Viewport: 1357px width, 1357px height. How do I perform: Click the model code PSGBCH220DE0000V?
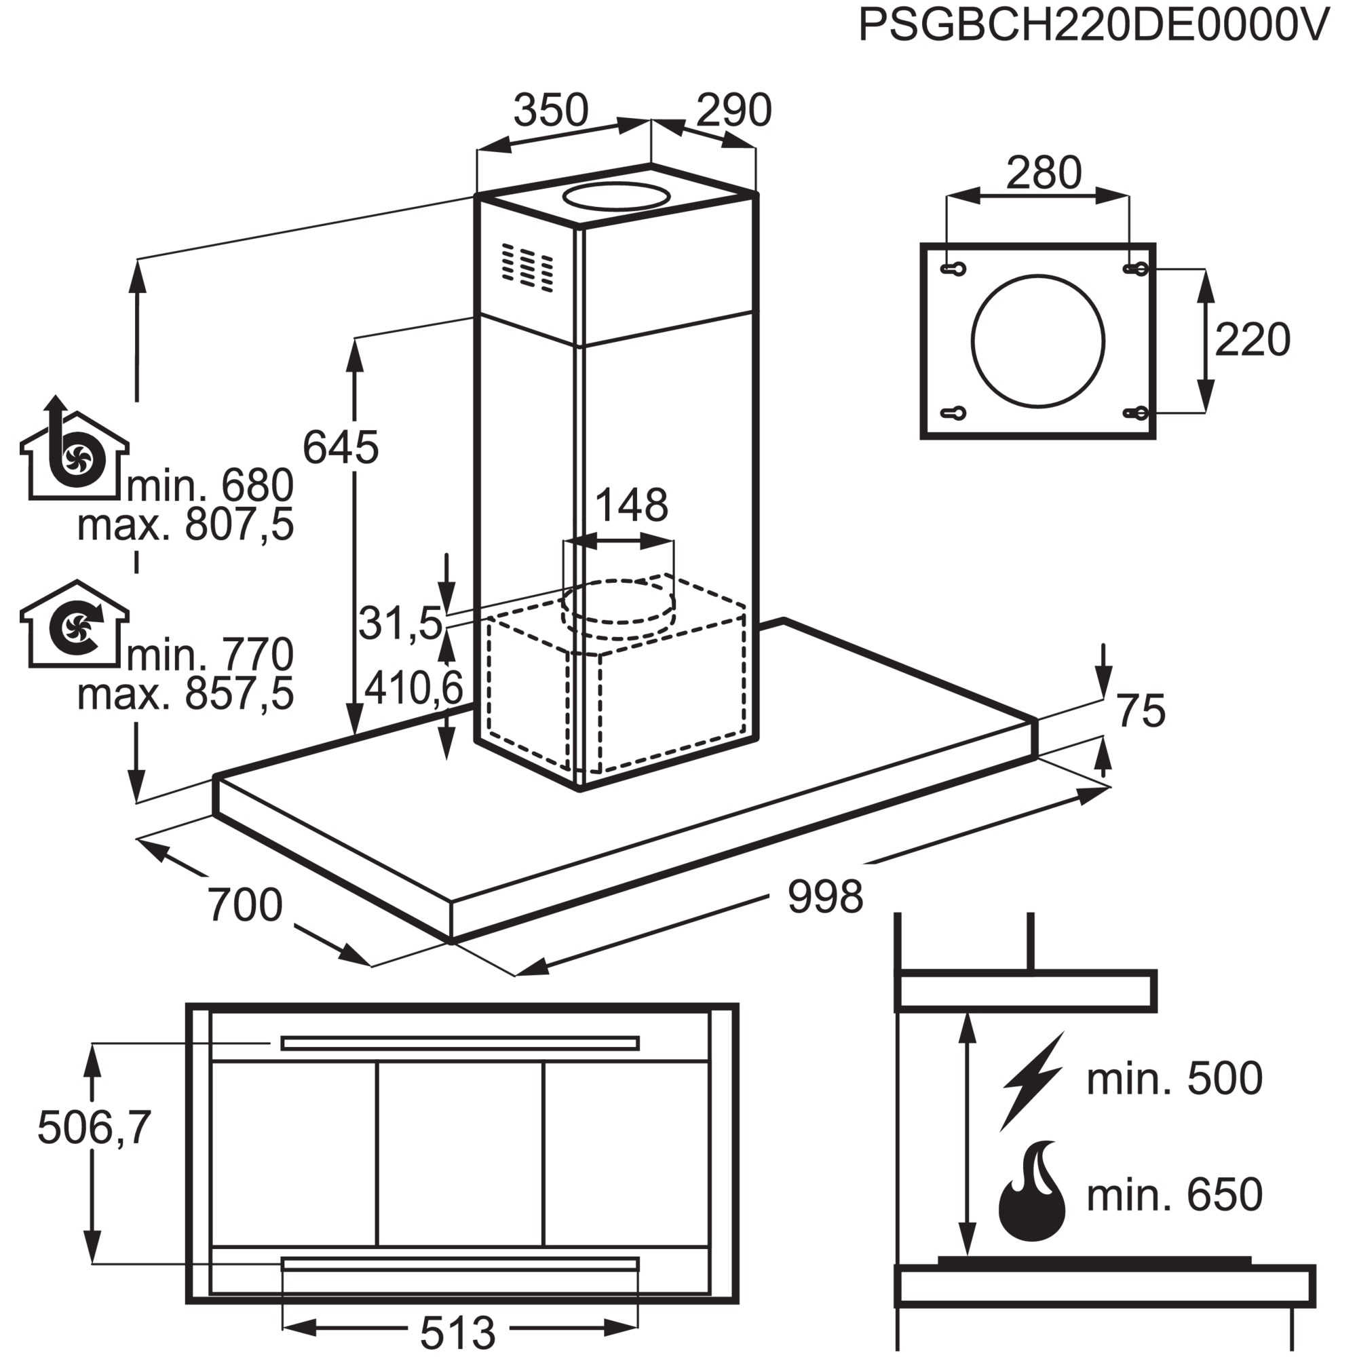pyautogui.click(x=1094, y=26)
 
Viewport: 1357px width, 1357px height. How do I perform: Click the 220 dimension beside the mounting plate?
pyautogui.click(x=1253, y=339)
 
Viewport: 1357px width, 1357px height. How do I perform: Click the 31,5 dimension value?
pyautogui.click(x=400, y=622)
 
